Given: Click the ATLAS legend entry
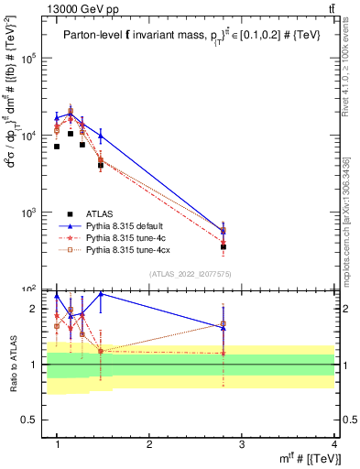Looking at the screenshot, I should [x=98, y=213].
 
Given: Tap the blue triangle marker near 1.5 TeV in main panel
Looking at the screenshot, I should [x=101, y=136].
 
